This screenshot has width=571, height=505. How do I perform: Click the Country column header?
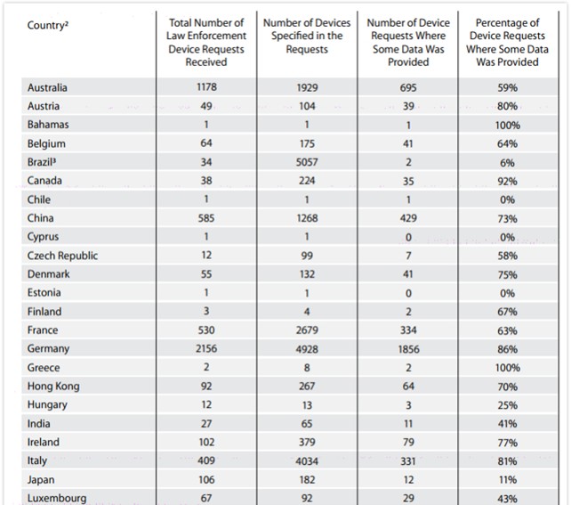pyautogui.click(x=49, y=25)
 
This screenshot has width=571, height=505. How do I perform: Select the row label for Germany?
pyautogui.click(x=48, y=349)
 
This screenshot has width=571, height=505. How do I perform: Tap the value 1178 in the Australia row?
pyautogui.click(x=206, y=87)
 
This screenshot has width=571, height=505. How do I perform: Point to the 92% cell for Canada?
pyautogui.click(x=508, y=181)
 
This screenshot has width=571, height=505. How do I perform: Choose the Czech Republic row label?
pyautogui.click(x=62, y=256)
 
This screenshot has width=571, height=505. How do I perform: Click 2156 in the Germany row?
pyautogui.click(x=206, y=349)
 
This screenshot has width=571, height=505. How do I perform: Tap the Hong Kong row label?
pyautogui.click(x=53, y=387)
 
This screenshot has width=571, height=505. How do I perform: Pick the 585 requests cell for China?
pyautogui.click(x=206, y=218)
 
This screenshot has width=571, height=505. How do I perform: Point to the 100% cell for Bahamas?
pyautogui.click(x=508, y=125)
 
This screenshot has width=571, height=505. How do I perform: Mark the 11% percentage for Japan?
pyautogui.click(x=508, y=480)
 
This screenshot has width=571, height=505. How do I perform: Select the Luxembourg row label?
pyautogui.click(x=57, y=499)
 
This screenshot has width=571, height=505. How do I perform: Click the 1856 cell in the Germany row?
pyautogui.click(x=408, y=349)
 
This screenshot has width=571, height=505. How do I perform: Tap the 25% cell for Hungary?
pyautogui.click(x=508, y=405)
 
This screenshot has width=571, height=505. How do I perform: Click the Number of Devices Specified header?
pyautogui.click(x=307, y=36)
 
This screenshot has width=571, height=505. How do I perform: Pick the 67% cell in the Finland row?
pyautogui.click(x=508, y=312)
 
